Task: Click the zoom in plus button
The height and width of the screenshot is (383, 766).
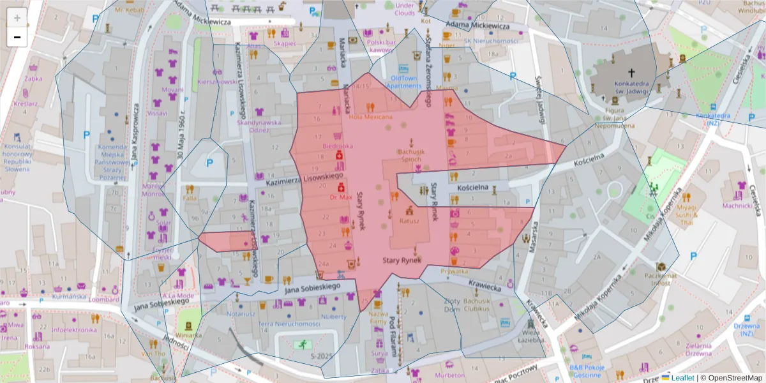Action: pos(17,18)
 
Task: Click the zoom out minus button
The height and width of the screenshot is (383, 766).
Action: pos(17,37)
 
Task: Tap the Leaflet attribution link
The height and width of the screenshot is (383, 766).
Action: pos(682,378)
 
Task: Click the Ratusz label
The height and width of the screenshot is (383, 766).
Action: pos(409,222)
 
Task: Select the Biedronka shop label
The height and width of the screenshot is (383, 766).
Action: pos(338,146)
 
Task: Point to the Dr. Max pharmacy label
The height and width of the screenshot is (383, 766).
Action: pos(341,197)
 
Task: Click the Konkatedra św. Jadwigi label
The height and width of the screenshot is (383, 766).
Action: pos(631,87)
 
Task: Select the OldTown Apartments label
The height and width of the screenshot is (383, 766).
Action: pos(404,82)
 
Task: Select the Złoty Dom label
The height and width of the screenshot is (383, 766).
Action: pos(452,305)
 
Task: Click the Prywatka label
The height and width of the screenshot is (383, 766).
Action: pos(454,271)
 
